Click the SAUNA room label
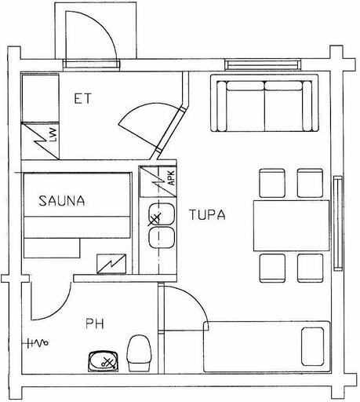click(62, 201)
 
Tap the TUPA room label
click(207, 215)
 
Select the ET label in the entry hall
click(82, 99)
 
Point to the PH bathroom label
click(95, 323)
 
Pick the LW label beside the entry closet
click(53, 135)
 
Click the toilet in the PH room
click(139, 353)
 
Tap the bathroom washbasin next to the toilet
click(104, 361)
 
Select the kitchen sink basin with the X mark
click(161, 214)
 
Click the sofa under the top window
click(264, 103)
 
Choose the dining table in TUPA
click(291, 225)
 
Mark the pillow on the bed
click(312, 346)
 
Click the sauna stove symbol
click(111, 264)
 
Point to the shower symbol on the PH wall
click(38, 342)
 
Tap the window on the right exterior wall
click(338, 223)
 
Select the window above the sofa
click(263, 64)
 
